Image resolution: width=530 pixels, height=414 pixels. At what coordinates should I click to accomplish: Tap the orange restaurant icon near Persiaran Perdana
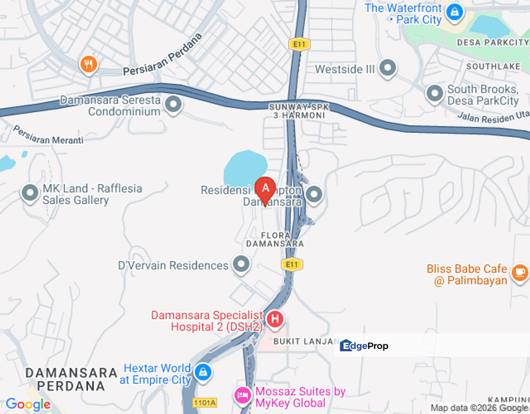(88, 64)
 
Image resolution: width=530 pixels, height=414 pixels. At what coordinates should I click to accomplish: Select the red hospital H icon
(275, 319)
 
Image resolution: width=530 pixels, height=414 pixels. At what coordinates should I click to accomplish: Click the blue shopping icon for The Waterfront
(455, 11)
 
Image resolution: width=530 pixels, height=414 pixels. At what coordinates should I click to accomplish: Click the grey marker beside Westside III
(388, 69)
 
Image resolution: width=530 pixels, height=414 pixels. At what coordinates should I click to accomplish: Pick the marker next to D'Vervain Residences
(241, 265)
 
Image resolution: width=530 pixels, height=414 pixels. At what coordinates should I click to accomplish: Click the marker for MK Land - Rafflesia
(30, 194)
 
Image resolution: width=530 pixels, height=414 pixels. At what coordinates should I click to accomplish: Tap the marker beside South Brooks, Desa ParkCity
(435, 92)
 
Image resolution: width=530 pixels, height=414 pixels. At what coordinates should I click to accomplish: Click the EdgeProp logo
(364, 346)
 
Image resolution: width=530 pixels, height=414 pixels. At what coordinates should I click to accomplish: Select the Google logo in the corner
(28, 404)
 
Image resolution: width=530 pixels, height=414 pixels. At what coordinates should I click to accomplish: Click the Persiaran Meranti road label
(48, 136)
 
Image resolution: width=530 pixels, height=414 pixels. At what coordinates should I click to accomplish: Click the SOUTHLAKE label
(493, 67)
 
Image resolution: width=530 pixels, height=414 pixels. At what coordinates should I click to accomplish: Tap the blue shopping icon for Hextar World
(202, 372)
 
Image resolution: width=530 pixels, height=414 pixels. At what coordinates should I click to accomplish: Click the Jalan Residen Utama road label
(493, 117)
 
